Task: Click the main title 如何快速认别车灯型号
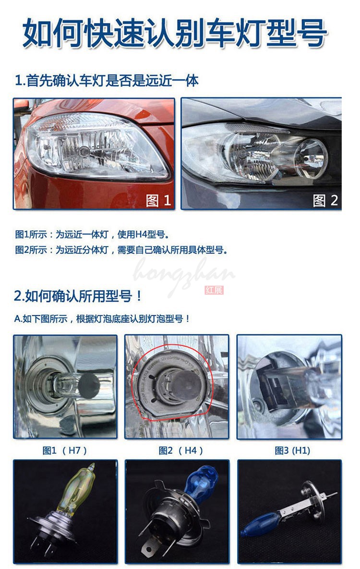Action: [x=175, y=33]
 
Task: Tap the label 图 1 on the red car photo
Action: [x=158, y=200]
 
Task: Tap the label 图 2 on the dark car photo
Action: [x=325, y=200]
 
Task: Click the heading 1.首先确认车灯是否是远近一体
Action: [x=106, y=80]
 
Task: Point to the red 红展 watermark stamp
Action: [x=214, y=290]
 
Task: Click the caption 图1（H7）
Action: [x=65, y=450]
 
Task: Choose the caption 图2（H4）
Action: [x=181, y=450]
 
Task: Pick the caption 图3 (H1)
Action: [x=292, y=450]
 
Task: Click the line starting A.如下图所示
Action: [x=102, y=319]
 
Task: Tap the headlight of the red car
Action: [x=96, y=144]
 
